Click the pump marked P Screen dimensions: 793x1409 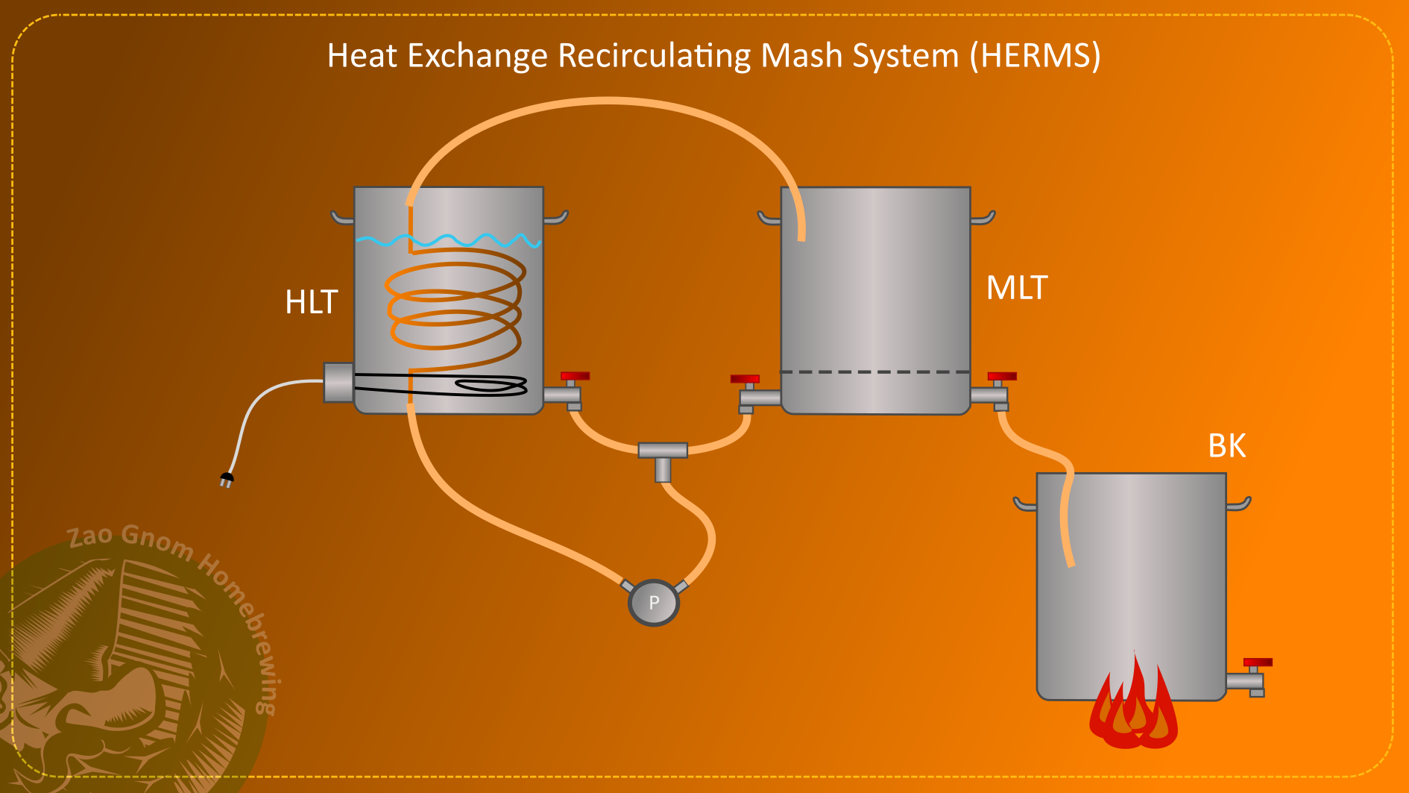[x=654, y=603]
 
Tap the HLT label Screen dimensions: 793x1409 [x=312, y=302]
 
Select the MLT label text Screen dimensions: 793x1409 [x=1017, y=288]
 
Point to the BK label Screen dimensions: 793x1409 [x=1226, y=446]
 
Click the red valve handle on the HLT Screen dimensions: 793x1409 [x=575, y=376]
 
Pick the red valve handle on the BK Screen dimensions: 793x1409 [x=1258, y=662]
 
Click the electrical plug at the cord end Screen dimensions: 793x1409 [x=227, y=479]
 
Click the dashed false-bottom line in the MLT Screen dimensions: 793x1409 [x=875, y=372]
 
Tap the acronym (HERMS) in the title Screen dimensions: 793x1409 [x=1035, y=56]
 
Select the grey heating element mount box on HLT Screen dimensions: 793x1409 [x=338, y=383]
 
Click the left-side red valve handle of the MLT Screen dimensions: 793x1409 [x=745, y=379]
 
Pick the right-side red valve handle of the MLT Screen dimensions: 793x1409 [x=1002, y=376]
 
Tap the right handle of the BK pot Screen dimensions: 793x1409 [x=1239, y=505]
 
